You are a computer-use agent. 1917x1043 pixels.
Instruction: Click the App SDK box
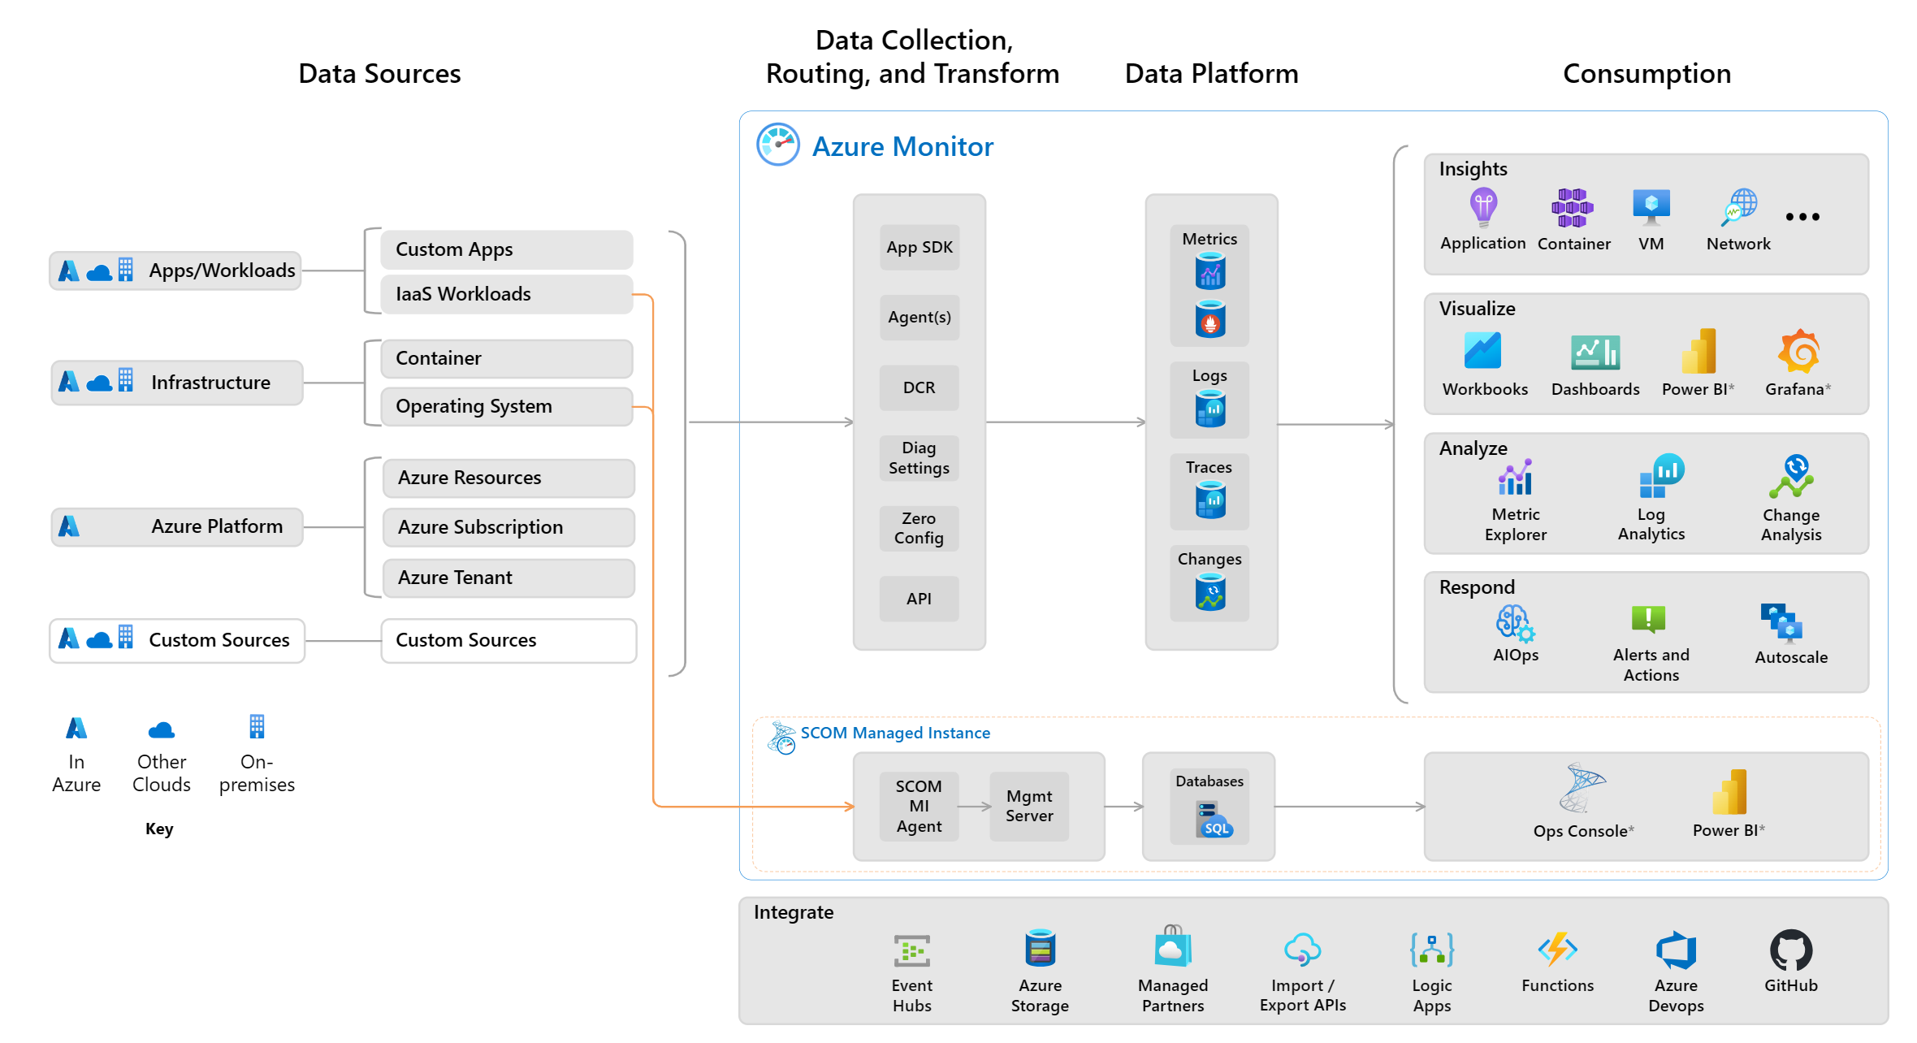(x=919, y=248)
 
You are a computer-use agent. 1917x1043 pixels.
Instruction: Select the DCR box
(x=919, y=387)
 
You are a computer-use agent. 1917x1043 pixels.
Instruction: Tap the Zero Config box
(x=919, y=528)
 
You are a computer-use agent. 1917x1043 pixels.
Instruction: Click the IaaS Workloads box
(x=506, y=294)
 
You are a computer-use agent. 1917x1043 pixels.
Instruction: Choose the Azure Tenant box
(x=508, y=578)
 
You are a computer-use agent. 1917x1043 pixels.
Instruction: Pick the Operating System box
(x=506, y=406)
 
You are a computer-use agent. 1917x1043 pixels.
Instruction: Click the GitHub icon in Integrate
(x=1790, y=950)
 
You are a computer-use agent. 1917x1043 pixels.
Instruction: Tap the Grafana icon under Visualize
(x=1798, y=352)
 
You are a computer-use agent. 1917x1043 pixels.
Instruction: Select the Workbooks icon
(x=1483, y=351)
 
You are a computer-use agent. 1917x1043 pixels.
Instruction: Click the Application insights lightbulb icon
(x=1483, y=207)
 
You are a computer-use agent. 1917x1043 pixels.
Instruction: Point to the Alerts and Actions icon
(x=1649, y=620)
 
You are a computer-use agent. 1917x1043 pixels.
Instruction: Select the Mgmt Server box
(x=1029, y=806)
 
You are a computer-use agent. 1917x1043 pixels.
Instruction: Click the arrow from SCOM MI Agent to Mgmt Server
(x=975, y=807)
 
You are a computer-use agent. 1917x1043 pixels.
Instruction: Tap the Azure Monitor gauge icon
(x=778, y=145)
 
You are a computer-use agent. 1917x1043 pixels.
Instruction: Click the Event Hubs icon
(x=911, y=950)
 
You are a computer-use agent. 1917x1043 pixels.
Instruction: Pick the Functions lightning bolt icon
(x=1557, y=949)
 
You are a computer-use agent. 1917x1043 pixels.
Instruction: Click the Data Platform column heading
(x=1211, y=74)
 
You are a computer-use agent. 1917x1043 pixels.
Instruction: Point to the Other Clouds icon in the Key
(x=162, y=729)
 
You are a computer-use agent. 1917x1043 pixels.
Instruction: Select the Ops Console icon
(x=1581, y=788)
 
